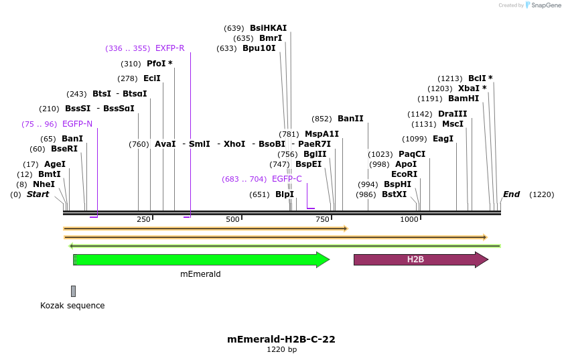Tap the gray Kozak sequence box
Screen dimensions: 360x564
click(x=73, y=291)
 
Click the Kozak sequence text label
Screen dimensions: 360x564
click(x=72, y=306)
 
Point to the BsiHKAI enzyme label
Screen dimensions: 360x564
click(x=268, y=28)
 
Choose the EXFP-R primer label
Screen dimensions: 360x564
click(x=169, y=48)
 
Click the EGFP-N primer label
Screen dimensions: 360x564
click(x=77, y=124)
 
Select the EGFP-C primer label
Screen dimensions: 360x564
click(x=287, y=179)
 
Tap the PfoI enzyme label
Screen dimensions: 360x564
click(x=159, y=64)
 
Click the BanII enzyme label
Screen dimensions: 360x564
click(x=350, y=119)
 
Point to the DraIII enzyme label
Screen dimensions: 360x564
click(x=452, y=114)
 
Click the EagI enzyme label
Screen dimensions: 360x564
click(x=443, y=139)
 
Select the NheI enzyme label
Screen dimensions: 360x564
click(x=44, y=184)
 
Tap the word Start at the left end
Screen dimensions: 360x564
click(x=38, y=194)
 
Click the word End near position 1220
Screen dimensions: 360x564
click(x=511, y=194)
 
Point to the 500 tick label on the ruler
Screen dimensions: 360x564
click(x=232, y=220)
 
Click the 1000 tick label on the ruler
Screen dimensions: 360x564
click(x=409, y=220)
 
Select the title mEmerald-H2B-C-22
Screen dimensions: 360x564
click(x=281, y=339)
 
